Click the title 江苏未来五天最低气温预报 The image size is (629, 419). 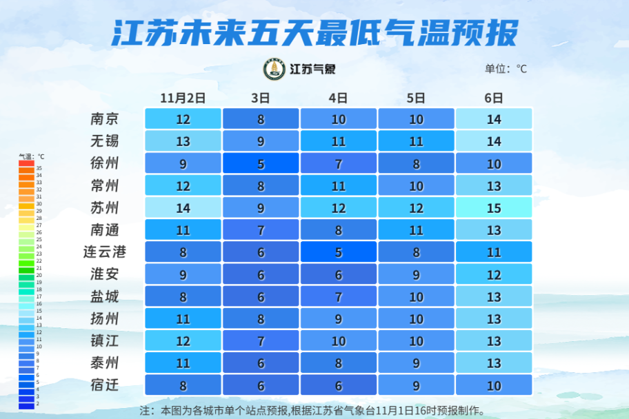tap(314, 32)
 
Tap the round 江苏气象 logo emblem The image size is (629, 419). tap(274, 69)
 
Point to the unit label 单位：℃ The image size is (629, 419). tap(505, 69)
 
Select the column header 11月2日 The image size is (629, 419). tap(183, 98)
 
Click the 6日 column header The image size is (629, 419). tap(494, 98)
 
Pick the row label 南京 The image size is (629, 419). tap(105, 119)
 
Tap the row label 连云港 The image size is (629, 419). tap(105, 252)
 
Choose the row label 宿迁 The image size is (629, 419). tap(105, 385)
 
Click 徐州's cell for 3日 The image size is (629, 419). tap(261, 163)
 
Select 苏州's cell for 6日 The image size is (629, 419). tap(494, 207)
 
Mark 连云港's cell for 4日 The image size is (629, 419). tap(338, 252)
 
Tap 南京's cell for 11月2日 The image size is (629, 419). tap(183, 119)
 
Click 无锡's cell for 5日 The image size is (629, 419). tap(416, 141)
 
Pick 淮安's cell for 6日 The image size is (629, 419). tap(494, 274)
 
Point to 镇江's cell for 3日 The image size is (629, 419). tap(261, 340)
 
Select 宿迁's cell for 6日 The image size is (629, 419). tap(494, 385)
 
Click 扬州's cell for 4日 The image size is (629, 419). tap(338, 318)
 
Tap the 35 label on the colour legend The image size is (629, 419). tap(39, 168)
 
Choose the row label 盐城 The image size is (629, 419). tap(105, 296)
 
